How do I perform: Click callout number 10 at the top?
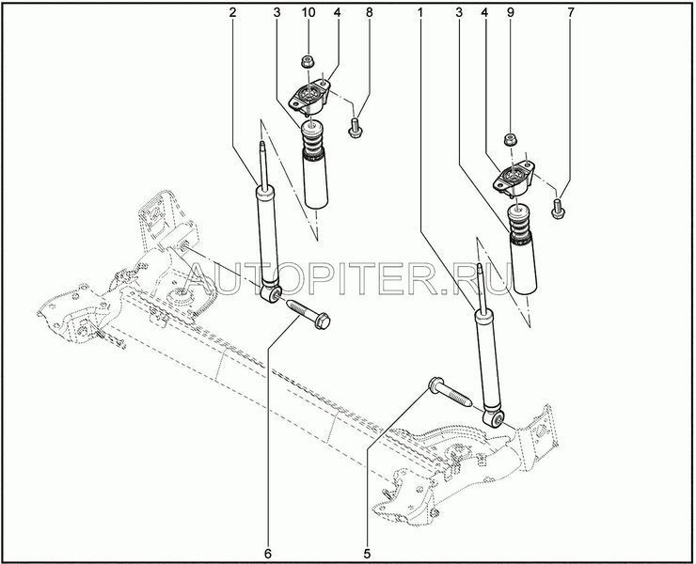[308, 12]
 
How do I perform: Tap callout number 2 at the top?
[232, 12]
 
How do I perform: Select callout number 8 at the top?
[370, 12]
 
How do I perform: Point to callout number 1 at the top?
[419, 12]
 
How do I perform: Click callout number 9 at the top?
[510, 12]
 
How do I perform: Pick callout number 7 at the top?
[570, 12]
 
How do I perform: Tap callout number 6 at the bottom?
[268, 554]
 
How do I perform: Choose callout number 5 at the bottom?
[367, 554]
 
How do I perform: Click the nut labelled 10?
[307, 62]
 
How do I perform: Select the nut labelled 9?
[511, 140]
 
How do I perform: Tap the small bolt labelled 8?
[355, 127]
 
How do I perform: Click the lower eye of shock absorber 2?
[271, 293]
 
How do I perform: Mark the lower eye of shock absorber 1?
[493, 417]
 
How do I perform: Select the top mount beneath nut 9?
[514, 179]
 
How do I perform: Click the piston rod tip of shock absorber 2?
[262, 143]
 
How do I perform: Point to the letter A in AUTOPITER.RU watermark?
[198, 279]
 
